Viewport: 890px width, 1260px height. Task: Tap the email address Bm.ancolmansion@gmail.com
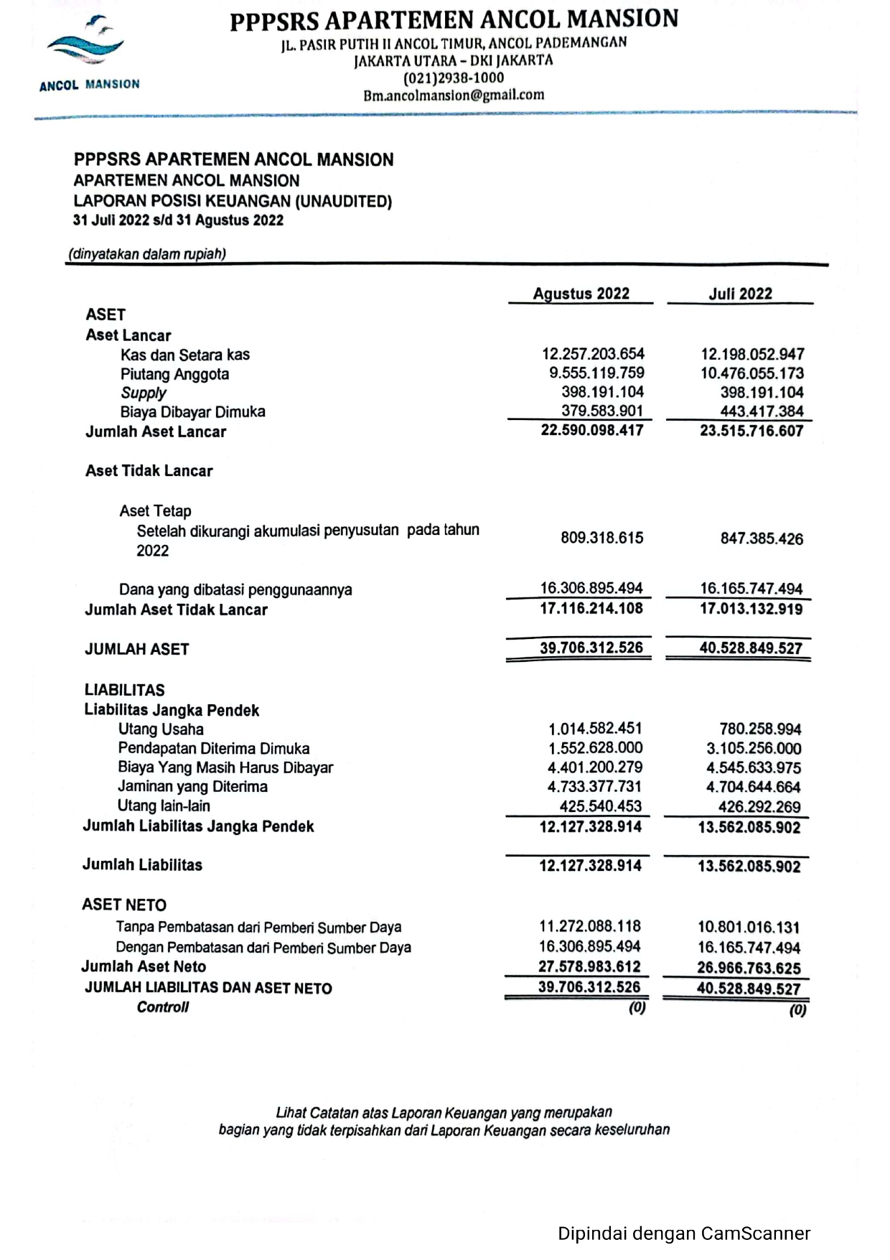(454, 95)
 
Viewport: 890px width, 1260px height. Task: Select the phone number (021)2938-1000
(454, 78)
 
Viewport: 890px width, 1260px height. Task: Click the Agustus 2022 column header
(581, 294)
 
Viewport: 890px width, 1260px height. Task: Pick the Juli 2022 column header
(740, 294)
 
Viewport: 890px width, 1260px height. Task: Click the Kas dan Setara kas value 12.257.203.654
(593, 354)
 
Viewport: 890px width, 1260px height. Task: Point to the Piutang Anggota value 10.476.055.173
(752, 373)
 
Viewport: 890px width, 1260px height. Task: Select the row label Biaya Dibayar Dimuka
(192, 412)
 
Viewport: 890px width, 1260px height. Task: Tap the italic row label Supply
(143, 393)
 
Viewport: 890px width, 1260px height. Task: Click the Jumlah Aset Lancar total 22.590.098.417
(592, 430)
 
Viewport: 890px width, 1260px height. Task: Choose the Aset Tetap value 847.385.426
(762, 538)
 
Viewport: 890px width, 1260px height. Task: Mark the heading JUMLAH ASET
(137, 649)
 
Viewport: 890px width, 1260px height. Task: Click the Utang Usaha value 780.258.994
(760, 729)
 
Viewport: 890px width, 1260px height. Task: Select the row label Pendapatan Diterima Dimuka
(214, 748)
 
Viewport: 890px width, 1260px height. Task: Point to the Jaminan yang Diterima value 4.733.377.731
(595, 787)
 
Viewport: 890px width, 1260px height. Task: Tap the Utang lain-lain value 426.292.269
(759, 806)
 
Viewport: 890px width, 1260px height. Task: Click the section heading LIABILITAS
(124, 690)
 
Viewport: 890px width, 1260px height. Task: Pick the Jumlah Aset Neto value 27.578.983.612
(591, 966)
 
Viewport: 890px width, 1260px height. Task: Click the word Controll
(163, 1007)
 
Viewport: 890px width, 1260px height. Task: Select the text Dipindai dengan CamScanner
(684, 1233)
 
